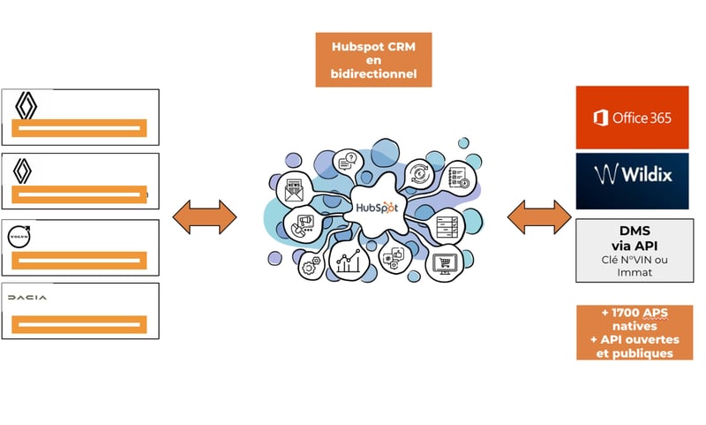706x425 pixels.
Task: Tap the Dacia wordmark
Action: (27, 299)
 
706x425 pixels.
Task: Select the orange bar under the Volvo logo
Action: (79, 260)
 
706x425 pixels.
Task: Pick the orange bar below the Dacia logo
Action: (79, 323)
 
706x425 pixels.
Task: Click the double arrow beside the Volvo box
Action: (204, 216)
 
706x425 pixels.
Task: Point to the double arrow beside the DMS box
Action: (539, 216)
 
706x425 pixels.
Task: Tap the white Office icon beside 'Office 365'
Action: (601, 118)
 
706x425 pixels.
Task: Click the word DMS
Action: (631, 231)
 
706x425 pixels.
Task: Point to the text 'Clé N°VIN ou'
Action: (631, 261)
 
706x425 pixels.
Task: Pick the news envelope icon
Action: (293, 188)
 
